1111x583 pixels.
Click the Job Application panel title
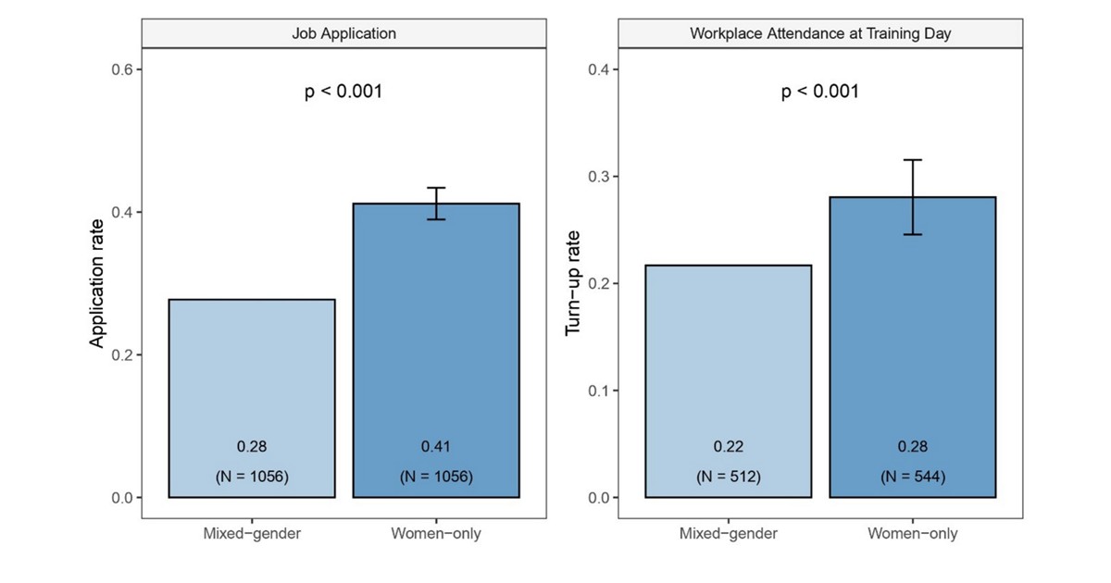(343, 33)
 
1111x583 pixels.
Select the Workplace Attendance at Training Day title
(820, 33)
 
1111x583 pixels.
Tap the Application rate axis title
(96, 284)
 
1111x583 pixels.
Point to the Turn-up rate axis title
(573, 284)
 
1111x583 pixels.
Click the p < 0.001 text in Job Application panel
(343, 92)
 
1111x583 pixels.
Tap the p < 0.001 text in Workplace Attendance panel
(820, 92)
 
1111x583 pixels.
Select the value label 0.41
(436, 447)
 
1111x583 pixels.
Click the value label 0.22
(728, 447)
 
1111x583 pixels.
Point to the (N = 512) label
(728, 478)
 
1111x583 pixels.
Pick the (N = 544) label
(912, 478)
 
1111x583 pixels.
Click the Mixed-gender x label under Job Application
(252, 534)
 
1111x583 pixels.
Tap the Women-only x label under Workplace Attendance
(912, 534)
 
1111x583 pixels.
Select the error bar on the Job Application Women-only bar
(436, 203)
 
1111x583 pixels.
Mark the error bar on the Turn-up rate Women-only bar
(912, 197)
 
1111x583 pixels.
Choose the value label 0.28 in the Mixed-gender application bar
(252, 447)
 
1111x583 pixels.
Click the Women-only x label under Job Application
(436, 534)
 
